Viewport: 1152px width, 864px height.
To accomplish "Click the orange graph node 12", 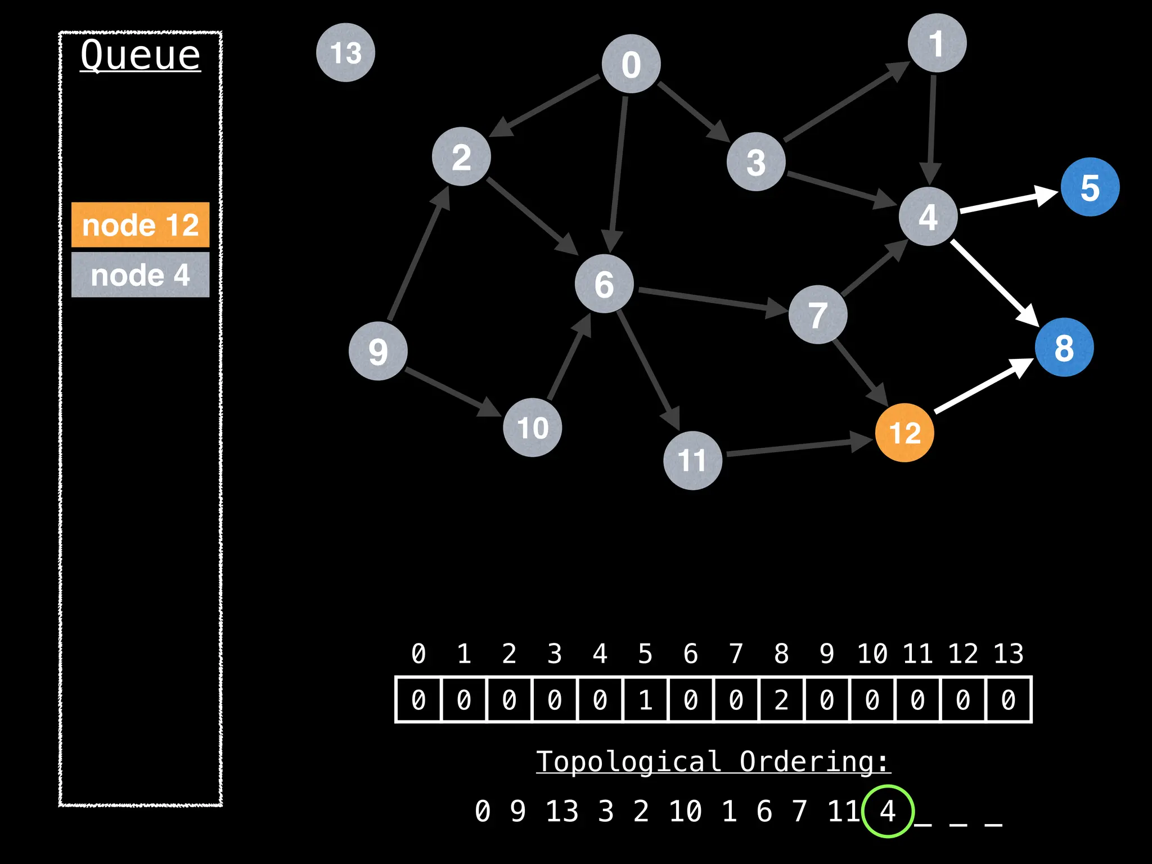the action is coord(904,433).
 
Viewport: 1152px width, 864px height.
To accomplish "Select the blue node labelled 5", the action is coord(1090,187).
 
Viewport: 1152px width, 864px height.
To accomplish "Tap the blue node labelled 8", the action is coord(1064,347).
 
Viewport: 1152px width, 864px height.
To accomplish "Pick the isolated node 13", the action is coord(345,52).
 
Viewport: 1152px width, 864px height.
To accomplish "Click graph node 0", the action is coord(631,64).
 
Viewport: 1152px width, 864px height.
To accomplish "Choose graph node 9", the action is coord(378,351).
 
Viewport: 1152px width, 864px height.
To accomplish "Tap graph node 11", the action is coord(692,460).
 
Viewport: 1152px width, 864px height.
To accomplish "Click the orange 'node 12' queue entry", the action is coord(140,224).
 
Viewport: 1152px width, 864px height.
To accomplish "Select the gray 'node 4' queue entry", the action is coord(140,274).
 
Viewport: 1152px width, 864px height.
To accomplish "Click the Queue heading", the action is coord(140,55).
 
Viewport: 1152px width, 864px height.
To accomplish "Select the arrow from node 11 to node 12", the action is coord(799,447).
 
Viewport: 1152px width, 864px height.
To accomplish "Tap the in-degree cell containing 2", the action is coord(781,700).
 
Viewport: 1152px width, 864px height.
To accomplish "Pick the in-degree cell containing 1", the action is coord(645,700).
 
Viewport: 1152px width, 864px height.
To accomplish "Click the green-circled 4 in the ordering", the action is coord(888,811).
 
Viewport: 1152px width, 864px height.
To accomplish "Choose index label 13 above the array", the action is coord(1008,654).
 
